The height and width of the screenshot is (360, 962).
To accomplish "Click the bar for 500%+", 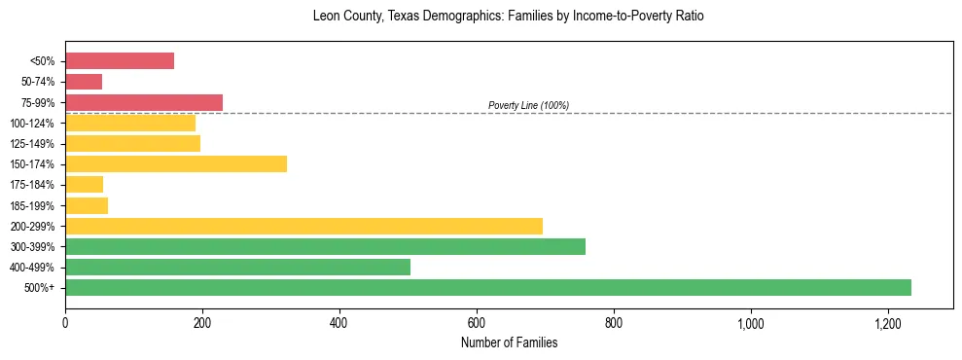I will pyautogui.click(x=487, y=287).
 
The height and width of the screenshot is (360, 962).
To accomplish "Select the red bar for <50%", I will pyautogui.click(x=120, y=61).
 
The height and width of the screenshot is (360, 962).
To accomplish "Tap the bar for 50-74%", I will pyautogui.click(x=84, y=82).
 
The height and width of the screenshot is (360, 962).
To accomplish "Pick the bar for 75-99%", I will pyautogui.click(x=144, y=102).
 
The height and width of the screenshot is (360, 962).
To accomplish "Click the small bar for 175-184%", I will pyautogui.click(x=84, y=184).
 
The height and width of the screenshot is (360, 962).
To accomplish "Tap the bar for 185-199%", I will pyautogui.click(x=87, y=205).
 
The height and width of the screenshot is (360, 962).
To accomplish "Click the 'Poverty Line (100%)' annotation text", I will pyautogui.click(x=528, y=105).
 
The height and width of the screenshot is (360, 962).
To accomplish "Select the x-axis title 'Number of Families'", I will pyautogui.click(x=509, y=342).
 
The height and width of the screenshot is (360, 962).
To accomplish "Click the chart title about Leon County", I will pyautogui.click(x=508, y=17).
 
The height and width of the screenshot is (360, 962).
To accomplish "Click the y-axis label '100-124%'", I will pyautogui.click(x=32, y=124).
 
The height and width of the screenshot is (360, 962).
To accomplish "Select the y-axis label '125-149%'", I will pyautogui.click(x=32, y=144).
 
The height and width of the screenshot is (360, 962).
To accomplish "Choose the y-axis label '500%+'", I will pyautogui.click(x=39, y=288).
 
